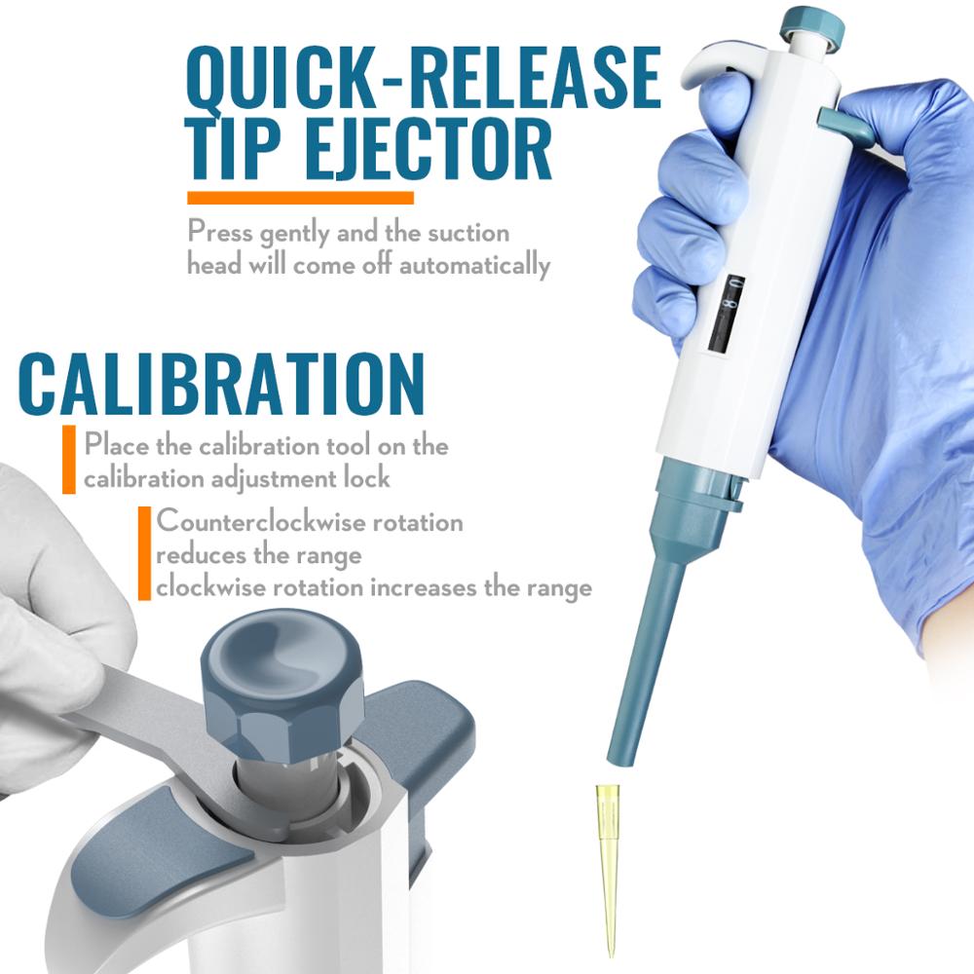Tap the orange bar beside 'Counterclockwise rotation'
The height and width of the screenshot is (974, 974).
144,552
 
